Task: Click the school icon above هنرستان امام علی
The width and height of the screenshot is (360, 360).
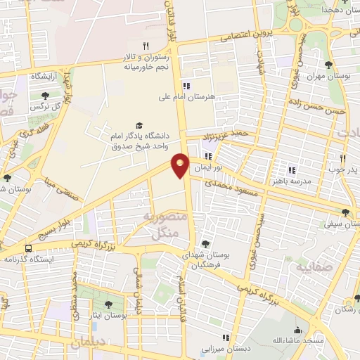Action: pos(186,84)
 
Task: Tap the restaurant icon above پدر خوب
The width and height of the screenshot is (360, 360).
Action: pos(343,159)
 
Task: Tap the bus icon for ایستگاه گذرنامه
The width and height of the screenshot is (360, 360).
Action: pos(28,248)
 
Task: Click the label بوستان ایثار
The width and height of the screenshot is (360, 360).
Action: pos(108,316)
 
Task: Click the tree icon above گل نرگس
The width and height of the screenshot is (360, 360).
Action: pos(45,96)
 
